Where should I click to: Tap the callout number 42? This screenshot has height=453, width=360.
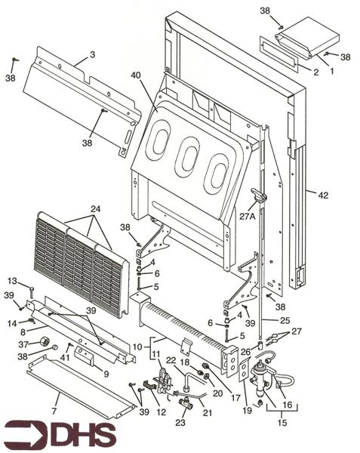pyautogui.click(x=322, y=196)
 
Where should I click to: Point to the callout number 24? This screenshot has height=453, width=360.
pyautogui.click(x=95, y=208)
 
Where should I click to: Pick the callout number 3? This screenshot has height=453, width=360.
pyautogui.click(x=91, y=54)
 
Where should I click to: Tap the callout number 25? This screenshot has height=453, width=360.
pyautogui.click(x=285, y=320)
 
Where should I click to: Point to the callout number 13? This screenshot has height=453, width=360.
pyautogui.click(x=12, y=281)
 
